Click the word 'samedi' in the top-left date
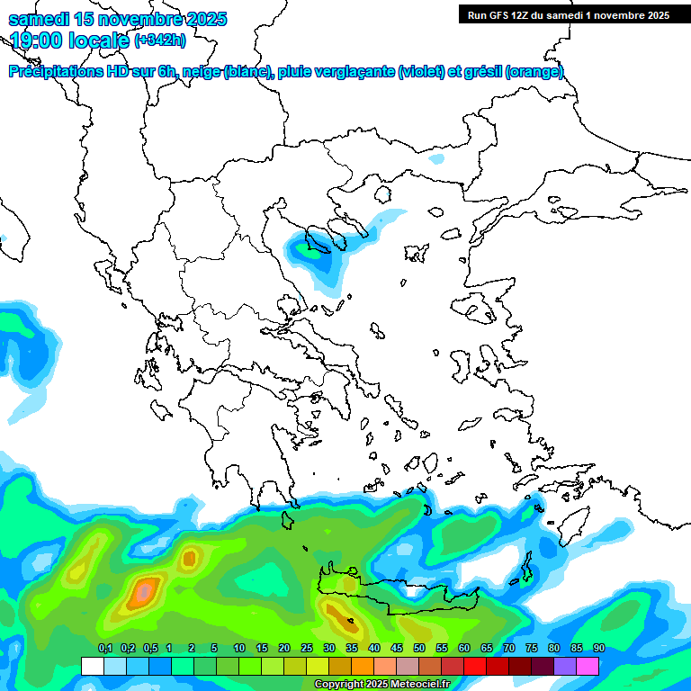click(36, 19)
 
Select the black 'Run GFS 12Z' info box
click(568, 14)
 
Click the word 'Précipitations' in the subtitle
click(54, 72)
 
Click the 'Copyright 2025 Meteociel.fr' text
click(381, 684)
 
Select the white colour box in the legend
click(92, 666)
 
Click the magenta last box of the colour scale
click(588, 666)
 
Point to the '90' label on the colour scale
click(599, 649)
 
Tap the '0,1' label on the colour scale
click(104, 649)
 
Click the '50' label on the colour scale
click(419, 649)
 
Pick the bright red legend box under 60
click(475, 666)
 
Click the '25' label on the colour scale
click(307, 649)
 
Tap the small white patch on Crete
click(412, 592)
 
